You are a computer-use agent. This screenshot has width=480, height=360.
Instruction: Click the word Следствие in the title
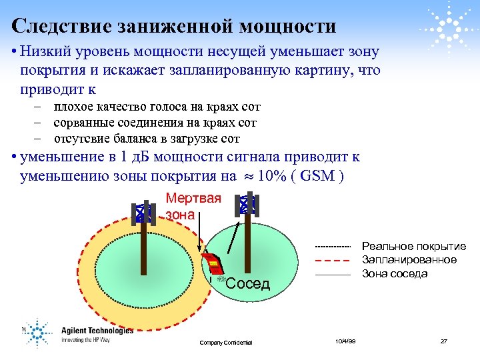(x=53, y=26)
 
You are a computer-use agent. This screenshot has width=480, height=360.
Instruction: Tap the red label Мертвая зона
(x=193, y=206)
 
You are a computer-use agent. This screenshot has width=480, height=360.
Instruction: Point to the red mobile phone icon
(x=212, y=264)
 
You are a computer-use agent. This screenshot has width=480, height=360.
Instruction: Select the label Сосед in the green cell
(x=248, y=284)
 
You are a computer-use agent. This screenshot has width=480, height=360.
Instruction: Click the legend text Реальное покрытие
(x=413, y=247)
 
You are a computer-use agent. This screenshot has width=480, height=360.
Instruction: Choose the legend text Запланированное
(x=409, y=260)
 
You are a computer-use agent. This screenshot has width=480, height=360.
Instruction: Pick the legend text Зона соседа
(x=394, y=273)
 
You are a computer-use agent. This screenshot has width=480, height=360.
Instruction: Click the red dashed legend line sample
(x=332, y=260)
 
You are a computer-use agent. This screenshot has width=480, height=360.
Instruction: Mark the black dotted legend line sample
(x=332, y=247)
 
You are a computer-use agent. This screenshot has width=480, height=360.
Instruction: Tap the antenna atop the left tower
(x=143, y=213)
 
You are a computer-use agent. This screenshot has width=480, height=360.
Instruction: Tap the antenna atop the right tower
(x=247, y=205)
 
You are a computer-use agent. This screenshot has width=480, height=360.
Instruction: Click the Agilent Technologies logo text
(x=97, y=330)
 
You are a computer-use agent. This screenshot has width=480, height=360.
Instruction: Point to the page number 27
(x=443, y=341)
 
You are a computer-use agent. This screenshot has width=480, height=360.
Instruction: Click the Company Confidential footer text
(x=226, y=342)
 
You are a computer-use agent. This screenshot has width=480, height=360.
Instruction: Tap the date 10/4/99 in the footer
(x=345, y=341)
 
